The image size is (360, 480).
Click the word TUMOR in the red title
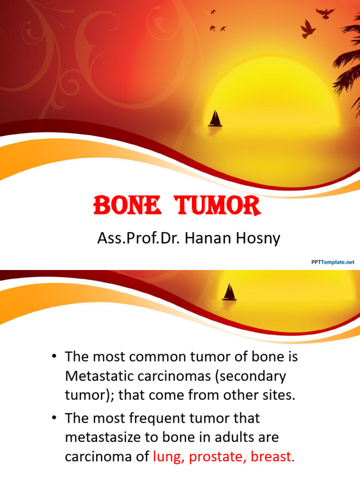(x=218, y=206)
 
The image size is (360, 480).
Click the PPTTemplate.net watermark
(x=333, y=262)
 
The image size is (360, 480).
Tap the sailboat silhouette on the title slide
(x=215, y=119)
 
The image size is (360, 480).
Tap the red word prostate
(x=217, y=457)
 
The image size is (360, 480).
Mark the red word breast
(x=271, y=457)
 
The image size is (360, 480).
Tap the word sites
(x=280, y=395)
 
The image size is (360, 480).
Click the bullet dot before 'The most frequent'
(x=54, y=418)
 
